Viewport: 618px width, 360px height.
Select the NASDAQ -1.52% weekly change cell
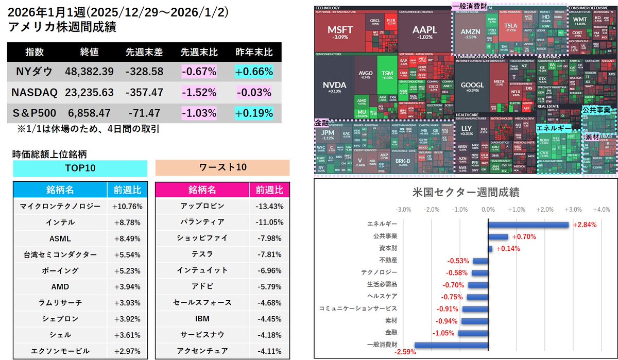click(198, 93)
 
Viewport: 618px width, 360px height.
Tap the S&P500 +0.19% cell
click(254, 113)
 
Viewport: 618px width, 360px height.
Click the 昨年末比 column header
click(254, 53)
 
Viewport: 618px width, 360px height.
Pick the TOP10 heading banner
click(80, 168)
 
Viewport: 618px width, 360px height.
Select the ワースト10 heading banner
click(222, 168)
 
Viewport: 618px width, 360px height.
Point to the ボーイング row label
click(60, 270)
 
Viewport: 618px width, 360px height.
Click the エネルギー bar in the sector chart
click(528, 225)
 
